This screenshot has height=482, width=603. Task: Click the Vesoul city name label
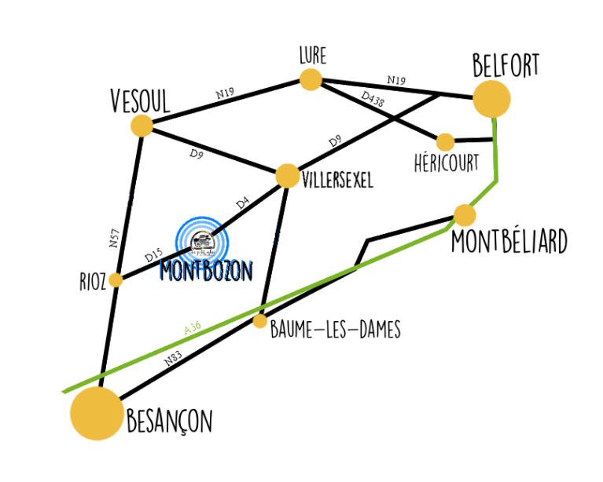point(140,100)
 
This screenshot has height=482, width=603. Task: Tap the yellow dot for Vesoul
point(142,126)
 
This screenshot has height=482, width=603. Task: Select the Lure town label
point(312,57)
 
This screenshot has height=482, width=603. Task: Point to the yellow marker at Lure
point(311,79)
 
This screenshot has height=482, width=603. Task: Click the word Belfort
point(506,65)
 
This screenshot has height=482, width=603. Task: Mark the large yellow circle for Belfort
point(491,99)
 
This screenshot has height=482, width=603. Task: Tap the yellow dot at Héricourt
point(446,142)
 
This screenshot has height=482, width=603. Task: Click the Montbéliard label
point(509,243)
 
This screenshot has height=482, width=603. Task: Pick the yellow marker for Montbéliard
point(465,214)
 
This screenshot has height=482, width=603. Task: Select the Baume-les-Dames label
point(335,330)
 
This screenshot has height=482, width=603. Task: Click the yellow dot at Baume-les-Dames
point(260,321)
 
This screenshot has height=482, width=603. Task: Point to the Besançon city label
point(169,422)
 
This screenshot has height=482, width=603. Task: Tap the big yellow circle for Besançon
point(97,413)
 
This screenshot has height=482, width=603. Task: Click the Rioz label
point(93,282)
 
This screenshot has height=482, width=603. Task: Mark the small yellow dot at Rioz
point(116,280)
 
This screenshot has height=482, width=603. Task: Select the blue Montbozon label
point(205,270)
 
